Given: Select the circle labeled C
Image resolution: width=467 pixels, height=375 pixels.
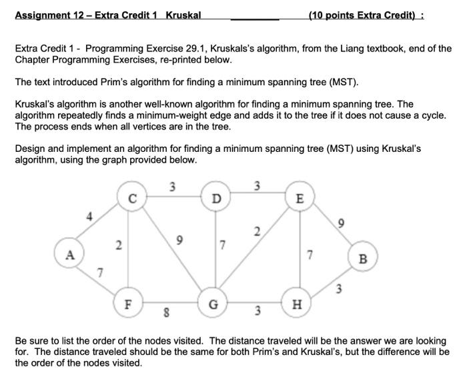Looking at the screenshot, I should pyautogui.click(x=132, y=198).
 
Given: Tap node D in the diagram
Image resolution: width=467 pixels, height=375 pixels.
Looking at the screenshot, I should pyautogui.click(x=215, y=198).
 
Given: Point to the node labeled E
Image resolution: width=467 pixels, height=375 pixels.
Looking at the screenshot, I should pyautogui.click(x=299, y=198).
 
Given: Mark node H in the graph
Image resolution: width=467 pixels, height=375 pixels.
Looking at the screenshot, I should pyautogui.click(x=297, y=305).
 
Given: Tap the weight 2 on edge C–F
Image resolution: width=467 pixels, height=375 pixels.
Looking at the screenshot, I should pyautogui.click(x=118, y=245).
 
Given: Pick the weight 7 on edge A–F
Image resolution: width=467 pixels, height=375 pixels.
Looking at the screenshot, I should pyautogui.click(x=100, y=271).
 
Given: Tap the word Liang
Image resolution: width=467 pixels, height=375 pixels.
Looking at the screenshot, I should pyautogui.click(x=344, y=49).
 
